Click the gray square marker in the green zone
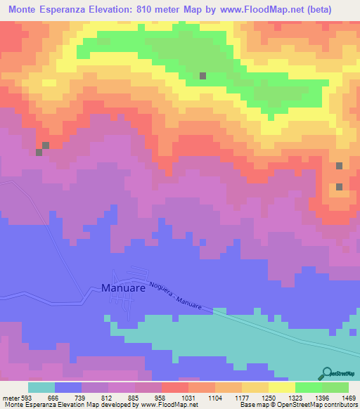(x=202, y=76)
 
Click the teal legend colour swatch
(x=41, y=387)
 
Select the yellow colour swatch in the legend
(x=281, y=387)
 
